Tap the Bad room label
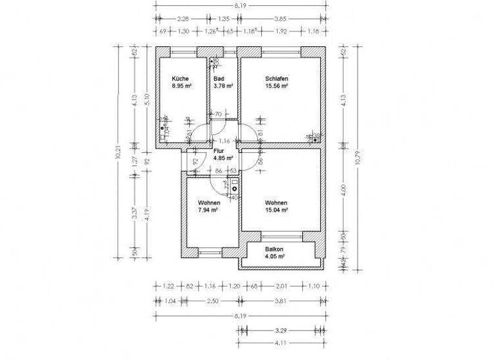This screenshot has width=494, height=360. click(219, 78)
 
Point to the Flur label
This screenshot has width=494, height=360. click(219, 151)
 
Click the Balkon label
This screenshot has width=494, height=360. click(275, 249)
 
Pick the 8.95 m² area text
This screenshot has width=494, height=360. click(180, 85)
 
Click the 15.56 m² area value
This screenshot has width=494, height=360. click(277, 85)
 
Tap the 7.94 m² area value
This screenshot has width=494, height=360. click(208, 210)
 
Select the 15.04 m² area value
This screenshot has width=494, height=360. click(276, 210)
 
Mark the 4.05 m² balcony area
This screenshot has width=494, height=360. click(275, 256)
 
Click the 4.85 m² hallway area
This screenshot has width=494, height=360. click(224, 157)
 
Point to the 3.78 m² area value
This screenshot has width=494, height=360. click(223, 85)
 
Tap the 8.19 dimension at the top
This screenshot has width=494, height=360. click(241, 4)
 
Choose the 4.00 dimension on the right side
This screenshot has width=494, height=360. click(345, 190)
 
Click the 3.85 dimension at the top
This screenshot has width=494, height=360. click(280, 19)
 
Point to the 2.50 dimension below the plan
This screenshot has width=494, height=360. click(201, 300)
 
